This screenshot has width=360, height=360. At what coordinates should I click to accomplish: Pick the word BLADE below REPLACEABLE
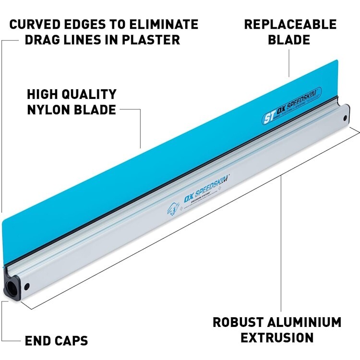point(289,39)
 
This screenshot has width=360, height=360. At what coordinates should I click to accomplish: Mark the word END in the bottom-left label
point(37,341)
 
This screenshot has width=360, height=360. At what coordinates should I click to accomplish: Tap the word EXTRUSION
point(277,337)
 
